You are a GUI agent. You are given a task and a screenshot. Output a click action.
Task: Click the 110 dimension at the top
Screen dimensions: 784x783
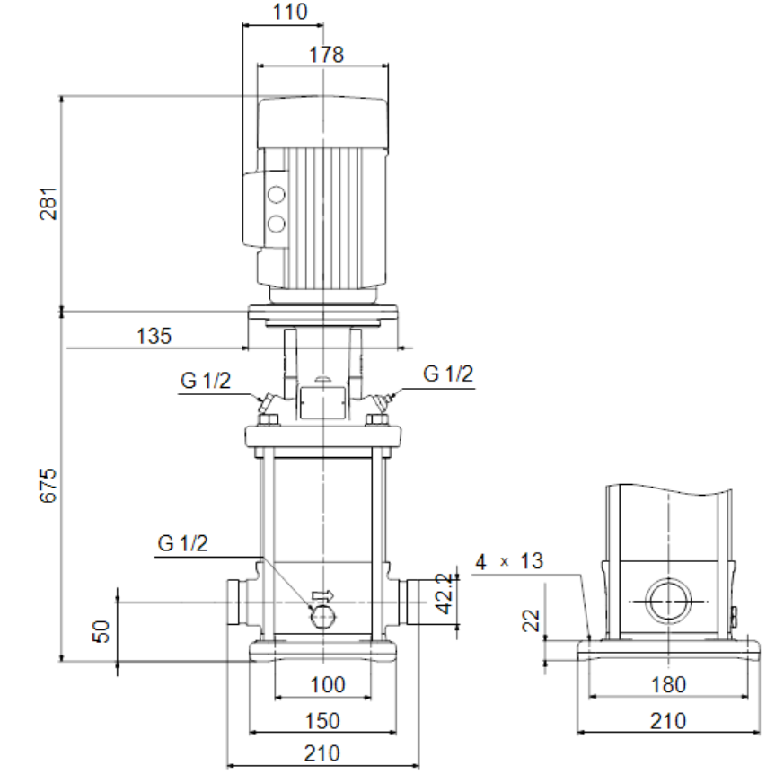click(289, 12)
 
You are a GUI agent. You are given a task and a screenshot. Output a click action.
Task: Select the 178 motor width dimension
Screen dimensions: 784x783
click(326, 55)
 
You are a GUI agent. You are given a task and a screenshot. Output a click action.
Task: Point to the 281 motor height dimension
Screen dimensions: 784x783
click(48, 204)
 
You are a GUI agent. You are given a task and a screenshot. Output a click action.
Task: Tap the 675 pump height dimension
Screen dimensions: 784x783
click(48, 485)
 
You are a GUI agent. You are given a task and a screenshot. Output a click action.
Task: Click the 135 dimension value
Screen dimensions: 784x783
click(154, 336)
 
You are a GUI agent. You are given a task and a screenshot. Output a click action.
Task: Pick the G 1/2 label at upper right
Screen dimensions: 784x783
click(448, 374)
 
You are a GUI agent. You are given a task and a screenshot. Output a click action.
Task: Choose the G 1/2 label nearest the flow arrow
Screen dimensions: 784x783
click(182, 543)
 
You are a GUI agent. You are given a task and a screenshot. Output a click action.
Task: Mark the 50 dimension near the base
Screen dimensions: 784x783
click(101, 631)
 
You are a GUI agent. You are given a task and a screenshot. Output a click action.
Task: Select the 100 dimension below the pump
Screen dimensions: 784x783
click(328, 684)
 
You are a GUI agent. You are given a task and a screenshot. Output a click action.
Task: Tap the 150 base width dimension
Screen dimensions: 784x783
click(322, 721)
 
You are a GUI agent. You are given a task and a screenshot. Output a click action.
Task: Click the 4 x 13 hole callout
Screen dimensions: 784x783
click(509, 561)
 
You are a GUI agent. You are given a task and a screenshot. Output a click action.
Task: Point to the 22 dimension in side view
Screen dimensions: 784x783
click(531, 620)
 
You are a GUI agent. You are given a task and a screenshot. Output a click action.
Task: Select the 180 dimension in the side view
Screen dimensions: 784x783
click(668, 684)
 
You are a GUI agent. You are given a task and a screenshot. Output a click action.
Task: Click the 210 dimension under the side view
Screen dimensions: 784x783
click(668, 721)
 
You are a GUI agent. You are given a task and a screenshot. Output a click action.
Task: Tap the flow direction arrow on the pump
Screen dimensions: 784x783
click(322, 595)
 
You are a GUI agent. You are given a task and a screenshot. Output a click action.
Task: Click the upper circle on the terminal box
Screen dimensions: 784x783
click(276, 195)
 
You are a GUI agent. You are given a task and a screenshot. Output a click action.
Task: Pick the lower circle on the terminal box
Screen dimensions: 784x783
click(276, 224)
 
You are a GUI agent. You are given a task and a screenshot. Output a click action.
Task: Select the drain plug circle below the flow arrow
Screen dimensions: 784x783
click(322, 618)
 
